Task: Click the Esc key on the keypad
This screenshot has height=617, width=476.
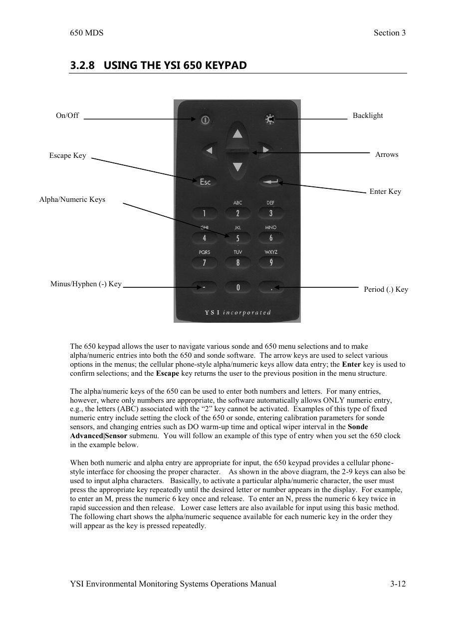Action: click(205, 182)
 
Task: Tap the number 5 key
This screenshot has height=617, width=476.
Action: click(238, 238)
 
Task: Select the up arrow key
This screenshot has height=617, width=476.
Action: click(238, 133)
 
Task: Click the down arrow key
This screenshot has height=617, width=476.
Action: click(238, 167)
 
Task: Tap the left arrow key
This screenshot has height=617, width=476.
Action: click(209, 150)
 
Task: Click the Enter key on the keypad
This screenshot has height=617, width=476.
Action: click(271, 182)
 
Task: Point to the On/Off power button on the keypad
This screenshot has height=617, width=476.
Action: click(205, 120)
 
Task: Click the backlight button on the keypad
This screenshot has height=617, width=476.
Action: click(270, 119)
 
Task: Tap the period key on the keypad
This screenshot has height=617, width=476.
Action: click(271, 288)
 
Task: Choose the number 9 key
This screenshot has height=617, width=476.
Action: click(271, 262)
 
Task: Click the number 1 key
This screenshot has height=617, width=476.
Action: click(204, 213)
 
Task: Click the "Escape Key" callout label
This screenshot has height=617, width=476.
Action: click(67, 155)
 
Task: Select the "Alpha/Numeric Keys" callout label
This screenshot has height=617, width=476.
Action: click(72, 199)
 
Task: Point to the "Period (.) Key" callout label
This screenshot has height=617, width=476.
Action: click(386, 289)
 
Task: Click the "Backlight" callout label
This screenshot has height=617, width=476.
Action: click(368, 115)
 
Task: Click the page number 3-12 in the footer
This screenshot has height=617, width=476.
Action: click(398, 584)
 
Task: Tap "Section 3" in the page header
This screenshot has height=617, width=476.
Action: click(390, 33)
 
